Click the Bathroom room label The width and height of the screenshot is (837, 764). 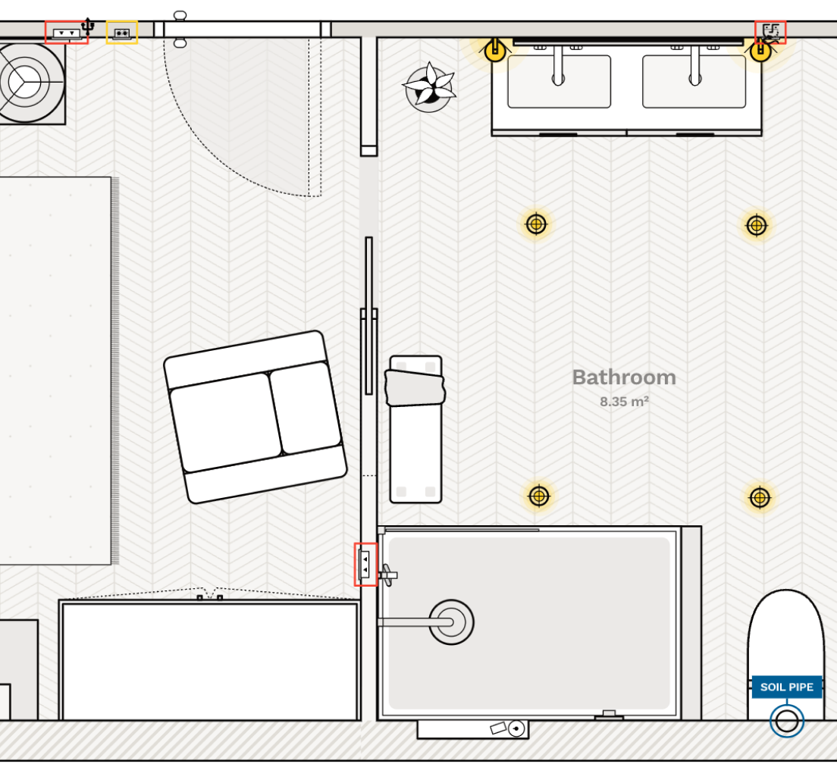coord(623,377)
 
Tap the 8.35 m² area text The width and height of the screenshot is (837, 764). coord(624,402)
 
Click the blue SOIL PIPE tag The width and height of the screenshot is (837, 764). coord(786,687)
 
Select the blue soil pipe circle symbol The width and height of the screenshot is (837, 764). coord(787,720)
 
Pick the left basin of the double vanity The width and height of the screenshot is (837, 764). coord(559,82)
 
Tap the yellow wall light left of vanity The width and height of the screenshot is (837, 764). coord(495,51)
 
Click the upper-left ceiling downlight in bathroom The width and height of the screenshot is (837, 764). coord(536,224)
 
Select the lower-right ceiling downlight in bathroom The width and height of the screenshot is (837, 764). coord(760,497)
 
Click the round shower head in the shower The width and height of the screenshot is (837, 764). coord(451,622)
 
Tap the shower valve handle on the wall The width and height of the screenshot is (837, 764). coord(387,575)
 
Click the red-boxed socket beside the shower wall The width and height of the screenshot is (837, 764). coord(365,564)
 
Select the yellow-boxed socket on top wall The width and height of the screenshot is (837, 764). coord(121,33)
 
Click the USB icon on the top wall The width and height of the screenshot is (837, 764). coord(88,26)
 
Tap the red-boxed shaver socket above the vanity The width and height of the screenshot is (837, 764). coord(771,32)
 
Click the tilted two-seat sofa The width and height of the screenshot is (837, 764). coord(255,417)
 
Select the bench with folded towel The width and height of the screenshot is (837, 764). coord(415,429)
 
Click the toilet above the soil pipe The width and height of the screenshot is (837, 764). coord(785,637)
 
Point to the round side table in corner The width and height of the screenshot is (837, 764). coord(26,82)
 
